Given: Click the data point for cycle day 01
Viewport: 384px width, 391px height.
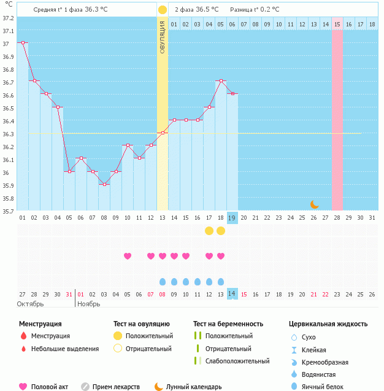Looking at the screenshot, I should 22,42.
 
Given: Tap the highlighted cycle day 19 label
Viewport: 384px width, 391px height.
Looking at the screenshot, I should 232,217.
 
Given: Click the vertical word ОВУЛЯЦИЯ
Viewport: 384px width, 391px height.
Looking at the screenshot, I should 162,37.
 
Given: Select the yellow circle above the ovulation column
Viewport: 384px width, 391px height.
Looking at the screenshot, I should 162,10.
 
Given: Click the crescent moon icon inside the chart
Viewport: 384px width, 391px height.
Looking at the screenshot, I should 314,204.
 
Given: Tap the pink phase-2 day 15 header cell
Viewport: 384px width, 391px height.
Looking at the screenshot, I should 337,24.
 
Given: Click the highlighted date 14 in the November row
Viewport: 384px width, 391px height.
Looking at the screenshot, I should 232,293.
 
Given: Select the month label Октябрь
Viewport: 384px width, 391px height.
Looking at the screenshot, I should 29,303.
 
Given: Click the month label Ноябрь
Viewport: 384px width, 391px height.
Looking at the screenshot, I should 89,303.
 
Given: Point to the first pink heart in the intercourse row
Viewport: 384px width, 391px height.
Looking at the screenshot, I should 128,256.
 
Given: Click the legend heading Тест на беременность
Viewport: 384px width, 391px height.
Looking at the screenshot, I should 228,323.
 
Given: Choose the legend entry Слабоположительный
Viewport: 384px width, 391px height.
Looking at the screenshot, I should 237,361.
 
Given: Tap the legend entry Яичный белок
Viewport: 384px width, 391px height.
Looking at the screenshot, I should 328,386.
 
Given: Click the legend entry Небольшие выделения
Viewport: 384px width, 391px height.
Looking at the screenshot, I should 65,349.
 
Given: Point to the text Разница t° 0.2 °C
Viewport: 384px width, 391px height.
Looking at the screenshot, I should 254,10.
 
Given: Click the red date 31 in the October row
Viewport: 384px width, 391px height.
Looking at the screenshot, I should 69,293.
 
